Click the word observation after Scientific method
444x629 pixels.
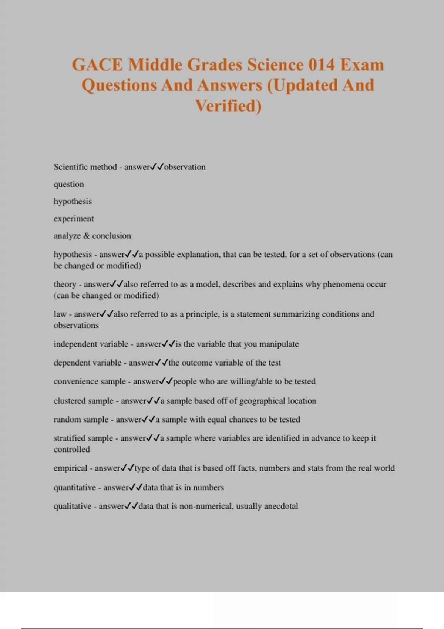point(185,167)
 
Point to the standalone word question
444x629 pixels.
point(69,184)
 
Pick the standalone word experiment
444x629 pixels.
point(74,219)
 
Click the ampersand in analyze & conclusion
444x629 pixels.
point(87,236)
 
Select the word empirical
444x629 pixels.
point(70,468)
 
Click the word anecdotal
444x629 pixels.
point(281,506)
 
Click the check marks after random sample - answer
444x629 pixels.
point(148,420)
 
